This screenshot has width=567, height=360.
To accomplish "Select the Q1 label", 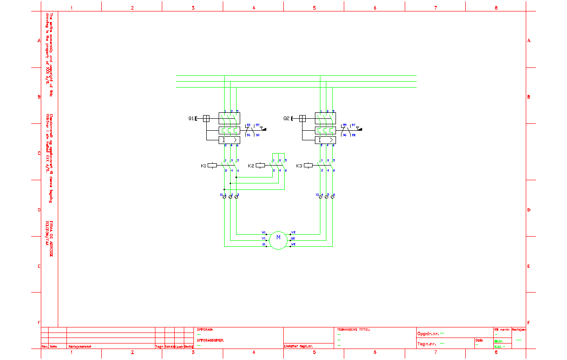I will tap(191, 118).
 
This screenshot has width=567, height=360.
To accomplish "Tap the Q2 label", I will tap(286, 118).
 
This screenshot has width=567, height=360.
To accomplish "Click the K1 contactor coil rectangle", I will tap(212, 166).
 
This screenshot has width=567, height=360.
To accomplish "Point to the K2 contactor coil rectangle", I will tap(260, 166).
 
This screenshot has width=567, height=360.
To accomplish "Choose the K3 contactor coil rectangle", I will tap(308, 166).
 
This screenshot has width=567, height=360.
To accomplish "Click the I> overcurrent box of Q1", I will tap(230, 140).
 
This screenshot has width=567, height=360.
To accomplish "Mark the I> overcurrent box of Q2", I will tap(325, 140).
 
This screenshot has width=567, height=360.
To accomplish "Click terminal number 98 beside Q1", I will tap(258, 135).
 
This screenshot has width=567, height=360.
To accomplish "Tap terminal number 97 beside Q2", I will tap(353, 125).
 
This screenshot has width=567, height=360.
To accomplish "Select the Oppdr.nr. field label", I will tap(427, 333).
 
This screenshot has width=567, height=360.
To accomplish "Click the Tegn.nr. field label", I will tap(426, 343).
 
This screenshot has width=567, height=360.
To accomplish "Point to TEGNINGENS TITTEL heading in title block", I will tap(353, 329).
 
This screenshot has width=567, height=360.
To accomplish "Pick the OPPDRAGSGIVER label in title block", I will tap(210, 340).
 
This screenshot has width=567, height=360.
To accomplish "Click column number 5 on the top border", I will tap(314, 8).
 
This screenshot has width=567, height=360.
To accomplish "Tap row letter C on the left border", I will tap(39, 154).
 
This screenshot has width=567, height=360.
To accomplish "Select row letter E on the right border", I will tap(529, 266).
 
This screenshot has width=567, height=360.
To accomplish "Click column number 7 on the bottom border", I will tap(435, 352).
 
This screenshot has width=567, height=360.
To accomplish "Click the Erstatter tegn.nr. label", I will tap(298, 346).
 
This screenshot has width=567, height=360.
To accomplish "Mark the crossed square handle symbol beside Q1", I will tap(206, 118).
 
